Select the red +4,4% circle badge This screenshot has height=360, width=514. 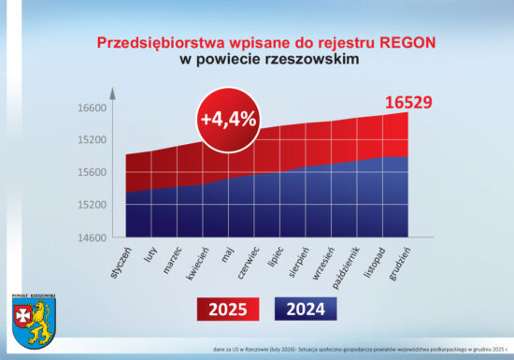tap(227, 119)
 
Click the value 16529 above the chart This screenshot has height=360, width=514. tap(407, 101)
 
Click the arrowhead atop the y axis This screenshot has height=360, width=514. tap(111, 92)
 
